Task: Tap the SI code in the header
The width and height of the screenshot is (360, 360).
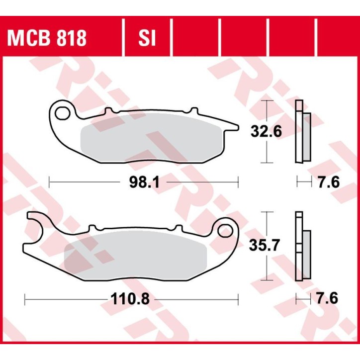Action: click(x=147, y=38)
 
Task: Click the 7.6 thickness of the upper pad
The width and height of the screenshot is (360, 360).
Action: click(x=328, y=183)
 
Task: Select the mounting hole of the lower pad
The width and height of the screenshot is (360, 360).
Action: click(x=227, y=231)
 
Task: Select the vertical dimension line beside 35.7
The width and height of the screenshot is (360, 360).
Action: click(x=268, y=224)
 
